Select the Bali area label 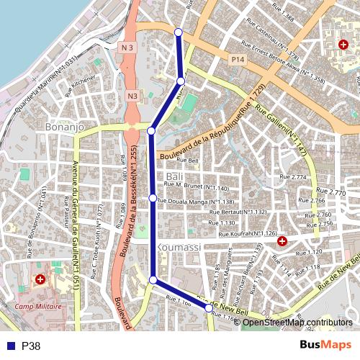175,176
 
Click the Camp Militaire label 40,306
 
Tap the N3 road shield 132,95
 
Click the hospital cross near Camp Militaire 40,279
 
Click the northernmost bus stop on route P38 179,31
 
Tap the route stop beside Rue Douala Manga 153,197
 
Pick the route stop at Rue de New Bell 209,308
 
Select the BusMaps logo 326,346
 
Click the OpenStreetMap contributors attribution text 297,323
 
